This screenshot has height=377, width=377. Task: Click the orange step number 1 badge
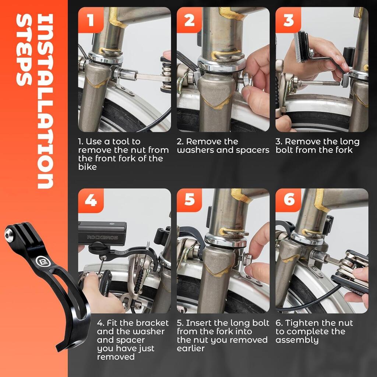91,20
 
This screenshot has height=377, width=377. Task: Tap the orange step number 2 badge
190,20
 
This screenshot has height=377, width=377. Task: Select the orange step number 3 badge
288,20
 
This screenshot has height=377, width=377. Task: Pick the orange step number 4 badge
91,201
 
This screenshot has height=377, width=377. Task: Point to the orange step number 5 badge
190,200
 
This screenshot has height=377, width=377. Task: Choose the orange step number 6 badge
288,200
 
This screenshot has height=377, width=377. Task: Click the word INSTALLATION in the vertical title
45,101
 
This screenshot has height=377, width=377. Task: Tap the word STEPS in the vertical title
24,50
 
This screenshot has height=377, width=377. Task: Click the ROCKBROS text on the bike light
102,237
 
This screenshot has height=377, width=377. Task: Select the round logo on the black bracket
40,261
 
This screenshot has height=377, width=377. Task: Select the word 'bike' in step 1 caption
87,167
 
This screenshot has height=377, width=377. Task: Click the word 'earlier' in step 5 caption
191,348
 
